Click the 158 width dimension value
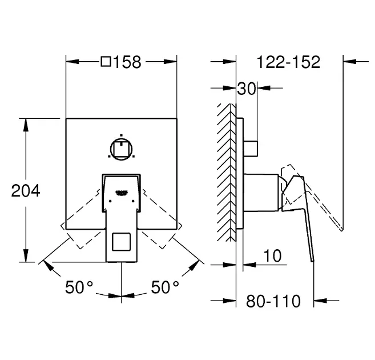(127, 62)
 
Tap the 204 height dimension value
(26, 191)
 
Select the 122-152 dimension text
(288, 62)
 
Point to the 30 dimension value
(247, 89)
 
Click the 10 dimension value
(272, 255)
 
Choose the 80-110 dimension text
(273, 301)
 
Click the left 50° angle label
(79, 287)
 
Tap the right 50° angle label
(165, 287)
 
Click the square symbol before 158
(106, 62)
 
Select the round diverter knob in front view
(121, 149)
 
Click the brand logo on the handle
(122, 193)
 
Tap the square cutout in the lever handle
(121, 242)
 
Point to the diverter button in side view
(251, 149)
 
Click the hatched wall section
(227, 173)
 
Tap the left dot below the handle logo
(110, 201)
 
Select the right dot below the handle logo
(133, 201)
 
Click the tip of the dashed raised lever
(342, 230)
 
